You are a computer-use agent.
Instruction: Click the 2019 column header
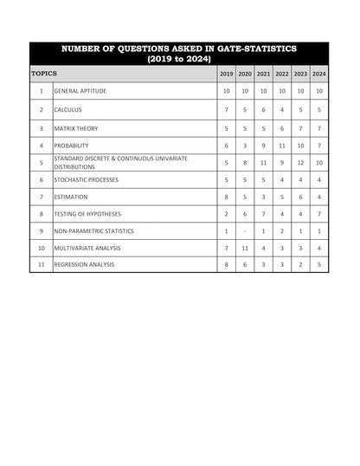click(227, 74)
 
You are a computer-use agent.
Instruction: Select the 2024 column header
click(319, 74)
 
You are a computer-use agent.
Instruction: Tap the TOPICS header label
click(44, 74)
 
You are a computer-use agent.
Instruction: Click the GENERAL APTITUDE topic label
click(80, 91)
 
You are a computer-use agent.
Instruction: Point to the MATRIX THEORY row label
click(75, 128)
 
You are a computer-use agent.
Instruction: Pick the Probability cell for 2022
click(282, 146)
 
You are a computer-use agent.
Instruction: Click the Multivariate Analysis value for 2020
click(245, 248)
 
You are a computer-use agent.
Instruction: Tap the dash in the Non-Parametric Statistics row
click(245, 231)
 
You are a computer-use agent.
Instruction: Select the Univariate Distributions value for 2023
click(300, 163)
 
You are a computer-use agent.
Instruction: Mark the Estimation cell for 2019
click(227, 197)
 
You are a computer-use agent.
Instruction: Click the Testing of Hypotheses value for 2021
click(263, 214)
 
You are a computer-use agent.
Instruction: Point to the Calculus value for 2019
click(227, 110)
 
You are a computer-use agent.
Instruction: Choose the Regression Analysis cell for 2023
click(300, 264)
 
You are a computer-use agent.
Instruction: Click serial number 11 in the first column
click(41, 264)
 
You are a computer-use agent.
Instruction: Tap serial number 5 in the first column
click(41, 163)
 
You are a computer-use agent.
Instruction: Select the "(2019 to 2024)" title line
click(180, 59)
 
